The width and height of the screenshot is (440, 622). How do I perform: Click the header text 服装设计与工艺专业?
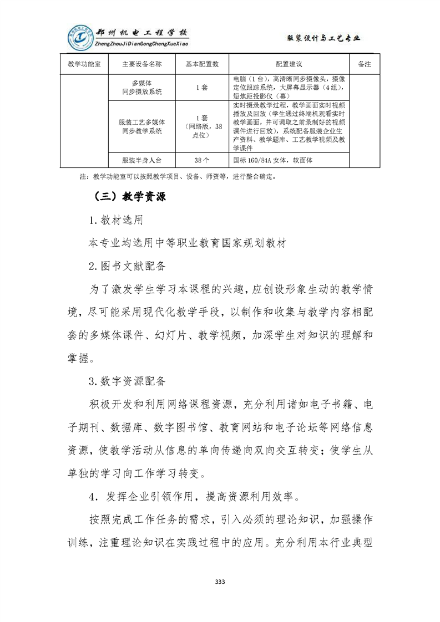[323, 38]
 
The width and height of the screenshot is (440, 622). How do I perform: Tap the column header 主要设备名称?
[142, 64]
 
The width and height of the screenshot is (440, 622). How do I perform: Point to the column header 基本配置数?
[202, 64]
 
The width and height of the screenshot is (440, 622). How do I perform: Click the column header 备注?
[365, 64]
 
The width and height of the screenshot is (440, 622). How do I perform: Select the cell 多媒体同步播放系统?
[142, 88]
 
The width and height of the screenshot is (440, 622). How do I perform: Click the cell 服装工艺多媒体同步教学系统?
[142, 126]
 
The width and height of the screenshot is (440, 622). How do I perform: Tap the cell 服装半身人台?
[142, 160]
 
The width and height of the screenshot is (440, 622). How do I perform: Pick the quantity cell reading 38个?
[202, 160]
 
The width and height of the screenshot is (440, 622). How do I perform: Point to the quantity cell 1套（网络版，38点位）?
[202, 126]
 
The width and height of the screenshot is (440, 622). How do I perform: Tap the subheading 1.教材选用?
[115, 220]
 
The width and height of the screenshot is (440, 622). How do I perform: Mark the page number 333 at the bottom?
[220, 582]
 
